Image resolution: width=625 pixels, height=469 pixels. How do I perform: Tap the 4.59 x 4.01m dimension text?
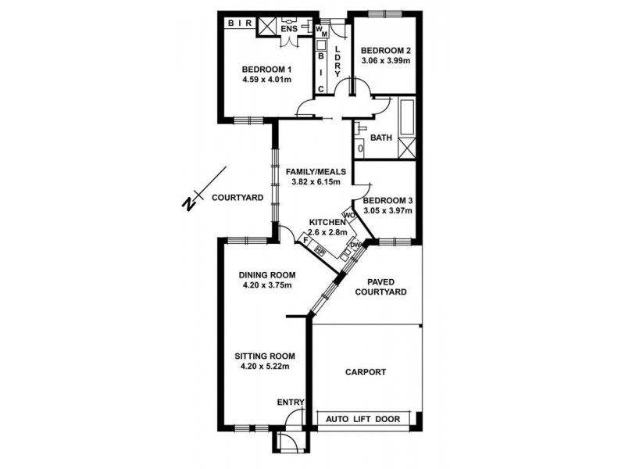[267, 80]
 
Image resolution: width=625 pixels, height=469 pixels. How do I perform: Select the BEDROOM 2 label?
[385, 51]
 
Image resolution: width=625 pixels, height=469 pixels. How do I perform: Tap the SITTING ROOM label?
[265, 356]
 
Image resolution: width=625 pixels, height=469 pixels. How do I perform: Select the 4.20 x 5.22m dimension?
[265, 367]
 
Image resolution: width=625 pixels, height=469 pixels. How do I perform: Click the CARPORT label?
[366, 372]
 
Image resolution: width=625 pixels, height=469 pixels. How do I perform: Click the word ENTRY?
[291, 403]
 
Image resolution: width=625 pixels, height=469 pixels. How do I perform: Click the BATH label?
[380, 138]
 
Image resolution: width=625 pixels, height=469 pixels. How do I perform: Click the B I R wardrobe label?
[239, 24]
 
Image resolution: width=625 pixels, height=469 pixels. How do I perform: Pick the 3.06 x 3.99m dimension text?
[385, 62]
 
